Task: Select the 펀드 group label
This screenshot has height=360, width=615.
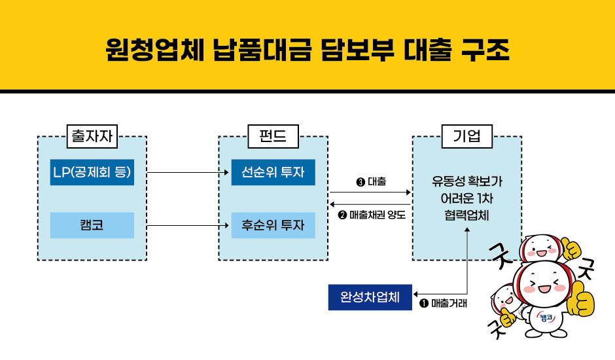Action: tap(273, 136)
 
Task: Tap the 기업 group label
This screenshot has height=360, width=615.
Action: tap(466, 136)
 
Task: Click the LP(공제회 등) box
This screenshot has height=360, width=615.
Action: tap(92, 172)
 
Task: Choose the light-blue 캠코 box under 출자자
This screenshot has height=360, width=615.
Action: tap(92, 225)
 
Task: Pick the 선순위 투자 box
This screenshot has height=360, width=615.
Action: tap(273, 172)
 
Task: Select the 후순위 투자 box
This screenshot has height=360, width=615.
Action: tap(273, 225)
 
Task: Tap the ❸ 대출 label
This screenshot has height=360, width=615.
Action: tap(371, 182)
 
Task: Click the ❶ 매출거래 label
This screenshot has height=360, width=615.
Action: tap(443, 303)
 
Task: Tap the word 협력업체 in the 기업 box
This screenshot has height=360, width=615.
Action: tap(466, 215)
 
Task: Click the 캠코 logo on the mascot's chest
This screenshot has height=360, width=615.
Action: tap(546, 317)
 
